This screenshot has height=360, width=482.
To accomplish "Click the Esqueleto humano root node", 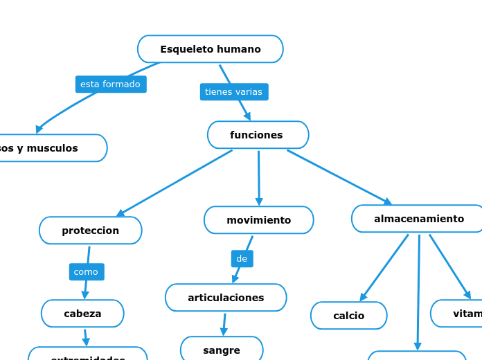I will coord(210,49).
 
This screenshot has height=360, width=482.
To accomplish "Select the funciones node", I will coord(258,135).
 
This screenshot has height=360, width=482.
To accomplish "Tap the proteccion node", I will coord(90,231).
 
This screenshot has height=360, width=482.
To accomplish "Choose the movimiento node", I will coord(258,220).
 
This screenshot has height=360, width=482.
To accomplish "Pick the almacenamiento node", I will coord(418,219).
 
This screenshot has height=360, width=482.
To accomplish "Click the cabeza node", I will coord(82,314).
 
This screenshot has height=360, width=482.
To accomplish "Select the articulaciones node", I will coord(226,298).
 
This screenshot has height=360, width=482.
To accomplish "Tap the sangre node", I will coord(222,350).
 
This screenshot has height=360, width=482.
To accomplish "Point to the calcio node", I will coord(348,316).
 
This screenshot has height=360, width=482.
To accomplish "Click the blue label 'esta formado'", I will coord(110,84).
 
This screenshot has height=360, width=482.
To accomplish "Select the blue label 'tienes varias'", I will coord(233,92).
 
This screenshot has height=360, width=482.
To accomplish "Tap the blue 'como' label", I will coord(86,272).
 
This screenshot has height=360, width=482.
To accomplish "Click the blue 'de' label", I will coord(242,259).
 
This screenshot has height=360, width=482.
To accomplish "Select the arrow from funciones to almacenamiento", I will coord(339,177).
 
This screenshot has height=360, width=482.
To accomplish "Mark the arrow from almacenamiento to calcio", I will coord(384,268).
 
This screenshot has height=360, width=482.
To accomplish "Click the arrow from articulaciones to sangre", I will coord(224,324).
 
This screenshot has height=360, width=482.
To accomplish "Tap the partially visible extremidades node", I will coord(87,354).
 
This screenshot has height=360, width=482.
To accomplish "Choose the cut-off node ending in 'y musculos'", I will coord(48,148).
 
